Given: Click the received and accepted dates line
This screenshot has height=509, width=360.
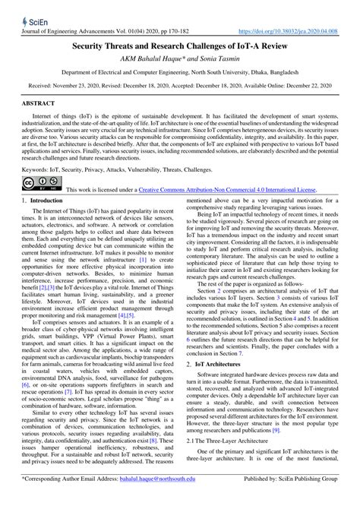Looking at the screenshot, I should (180, 86).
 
